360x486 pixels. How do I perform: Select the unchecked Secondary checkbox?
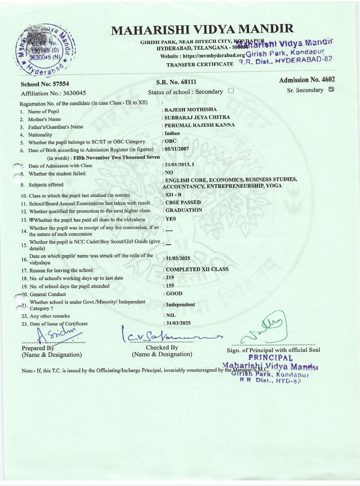pyautogui.click(x=231, y=91)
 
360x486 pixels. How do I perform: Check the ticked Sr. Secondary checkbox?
pyautogui.click(x=332, y=90)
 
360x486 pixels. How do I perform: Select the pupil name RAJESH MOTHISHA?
pyautogui.click(x=190, y=109)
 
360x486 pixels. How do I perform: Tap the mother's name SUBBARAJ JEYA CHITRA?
pyautogui.click(x=197, y=117)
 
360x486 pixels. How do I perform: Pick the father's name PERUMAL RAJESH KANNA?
pyautogui.click(x=199, y=125)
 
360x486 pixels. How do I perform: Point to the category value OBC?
pyautogui.click(x=170, y=141)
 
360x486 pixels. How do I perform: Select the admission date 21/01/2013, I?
pyautogui.click(x=179, y=165)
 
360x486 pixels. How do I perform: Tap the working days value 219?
pyautogui.click(x=170, y=278)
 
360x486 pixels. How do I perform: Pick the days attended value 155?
pyautogui.click(x=170, y=286)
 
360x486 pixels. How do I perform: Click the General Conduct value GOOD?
pyautogui.click(x=174, y=293)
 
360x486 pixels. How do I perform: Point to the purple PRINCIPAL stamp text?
pyautogui.click(x=270, y=358)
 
